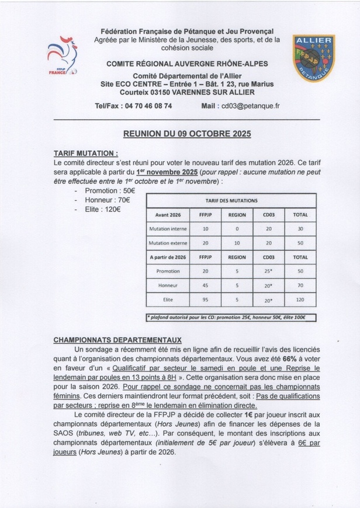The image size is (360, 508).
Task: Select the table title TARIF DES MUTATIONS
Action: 231,200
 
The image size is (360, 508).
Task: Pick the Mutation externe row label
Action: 168,242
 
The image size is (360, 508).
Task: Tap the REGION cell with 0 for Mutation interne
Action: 237,228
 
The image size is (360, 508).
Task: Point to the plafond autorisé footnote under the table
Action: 231,318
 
